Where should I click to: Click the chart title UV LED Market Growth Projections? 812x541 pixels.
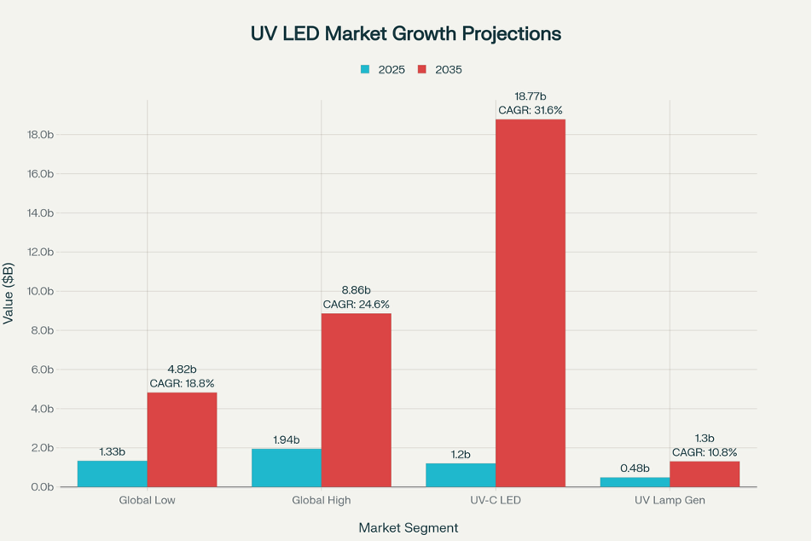coord(405,33)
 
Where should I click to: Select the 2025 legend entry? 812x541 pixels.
coord(381,69)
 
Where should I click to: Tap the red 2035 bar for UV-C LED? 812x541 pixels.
coord(530,303)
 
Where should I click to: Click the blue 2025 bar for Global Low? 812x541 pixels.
coord(112,474)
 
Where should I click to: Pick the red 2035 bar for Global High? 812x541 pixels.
coord(356,400)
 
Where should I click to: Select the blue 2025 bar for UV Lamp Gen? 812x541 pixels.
coord(635,482)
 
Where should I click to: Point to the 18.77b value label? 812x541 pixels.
coord(530,96)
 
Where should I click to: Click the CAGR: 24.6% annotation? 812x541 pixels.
coord(357,304)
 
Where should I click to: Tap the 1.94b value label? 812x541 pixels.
coord(287,440)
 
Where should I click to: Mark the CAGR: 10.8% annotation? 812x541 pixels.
coord(705,452)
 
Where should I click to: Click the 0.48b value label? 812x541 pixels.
coord(635,468)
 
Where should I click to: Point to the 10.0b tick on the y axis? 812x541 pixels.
coord(40,291)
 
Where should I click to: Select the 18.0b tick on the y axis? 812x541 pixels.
coord(40,134)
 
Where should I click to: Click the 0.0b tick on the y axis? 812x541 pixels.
coord(43,487)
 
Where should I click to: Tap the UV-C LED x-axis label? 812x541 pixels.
coord(495,500)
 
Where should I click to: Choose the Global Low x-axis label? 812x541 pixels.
coord(147,500)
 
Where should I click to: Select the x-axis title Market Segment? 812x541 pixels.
coord(408,528)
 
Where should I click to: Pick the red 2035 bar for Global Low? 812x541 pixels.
coord(182,439)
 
